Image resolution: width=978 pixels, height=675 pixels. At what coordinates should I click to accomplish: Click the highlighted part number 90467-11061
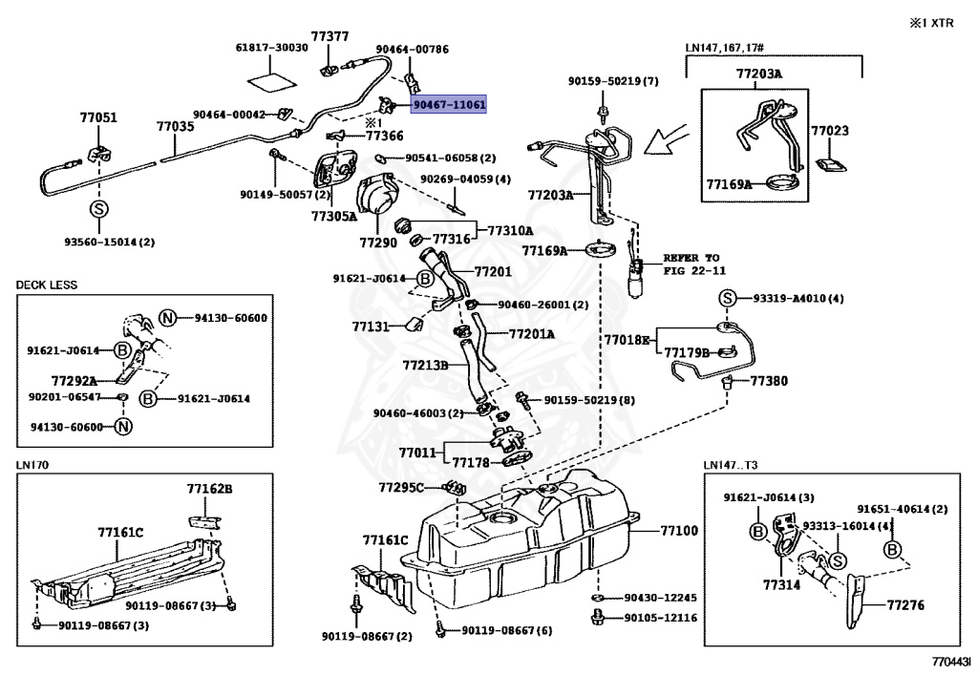[449, 104]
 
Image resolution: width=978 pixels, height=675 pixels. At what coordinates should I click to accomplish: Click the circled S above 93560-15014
[98, 209]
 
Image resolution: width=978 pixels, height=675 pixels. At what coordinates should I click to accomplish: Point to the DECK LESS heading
[46, 285]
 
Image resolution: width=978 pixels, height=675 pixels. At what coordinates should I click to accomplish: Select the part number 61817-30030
[272, 47]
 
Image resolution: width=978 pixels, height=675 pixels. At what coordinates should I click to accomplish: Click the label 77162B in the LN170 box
[209, 489]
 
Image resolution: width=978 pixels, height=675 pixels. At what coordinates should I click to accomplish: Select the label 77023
[830, 130]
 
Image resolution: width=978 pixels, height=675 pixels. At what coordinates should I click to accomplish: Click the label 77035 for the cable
[176, 126]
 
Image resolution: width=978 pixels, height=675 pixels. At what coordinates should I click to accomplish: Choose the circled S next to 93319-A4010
[726, 299]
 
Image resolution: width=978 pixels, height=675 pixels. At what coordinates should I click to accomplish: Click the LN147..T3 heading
[731, 465]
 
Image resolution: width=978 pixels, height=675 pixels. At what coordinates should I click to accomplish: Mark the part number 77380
[769, 380]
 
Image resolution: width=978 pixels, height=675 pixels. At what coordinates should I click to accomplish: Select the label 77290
[378, 243]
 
